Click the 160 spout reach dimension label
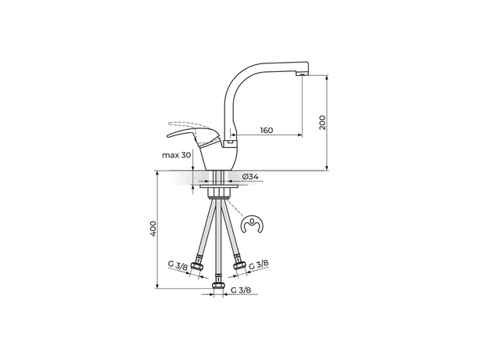click(267, 130)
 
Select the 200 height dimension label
click(322, 122)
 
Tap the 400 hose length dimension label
click(153, 229)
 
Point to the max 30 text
click(176, 155)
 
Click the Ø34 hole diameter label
click(250, 177)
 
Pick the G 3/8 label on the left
click(178, 265)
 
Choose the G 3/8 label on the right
click(259, 265)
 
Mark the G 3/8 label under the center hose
click(241, 290)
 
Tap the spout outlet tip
click(302, 74)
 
